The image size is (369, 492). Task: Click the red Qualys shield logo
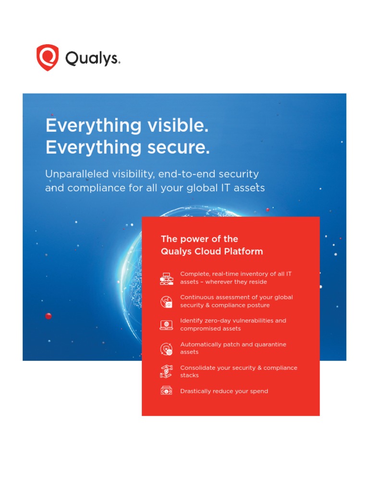click(x=48, y=58)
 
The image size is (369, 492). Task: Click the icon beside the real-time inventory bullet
click(x=166, y=278)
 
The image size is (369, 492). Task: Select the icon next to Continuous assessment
click(x=166, y=302)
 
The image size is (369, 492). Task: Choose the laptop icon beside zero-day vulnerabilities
click(x=166, y=325)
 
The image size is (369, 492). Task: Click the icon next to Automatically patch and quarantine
click(x=166, y=348)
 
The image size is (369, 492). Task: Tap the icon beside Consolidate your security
click(x=166, y=371)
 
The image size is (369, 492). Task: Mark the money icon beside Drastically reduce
click(x=166, y=391)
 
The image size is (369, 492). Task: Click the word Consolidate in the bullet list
click(x=197, y=368)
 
